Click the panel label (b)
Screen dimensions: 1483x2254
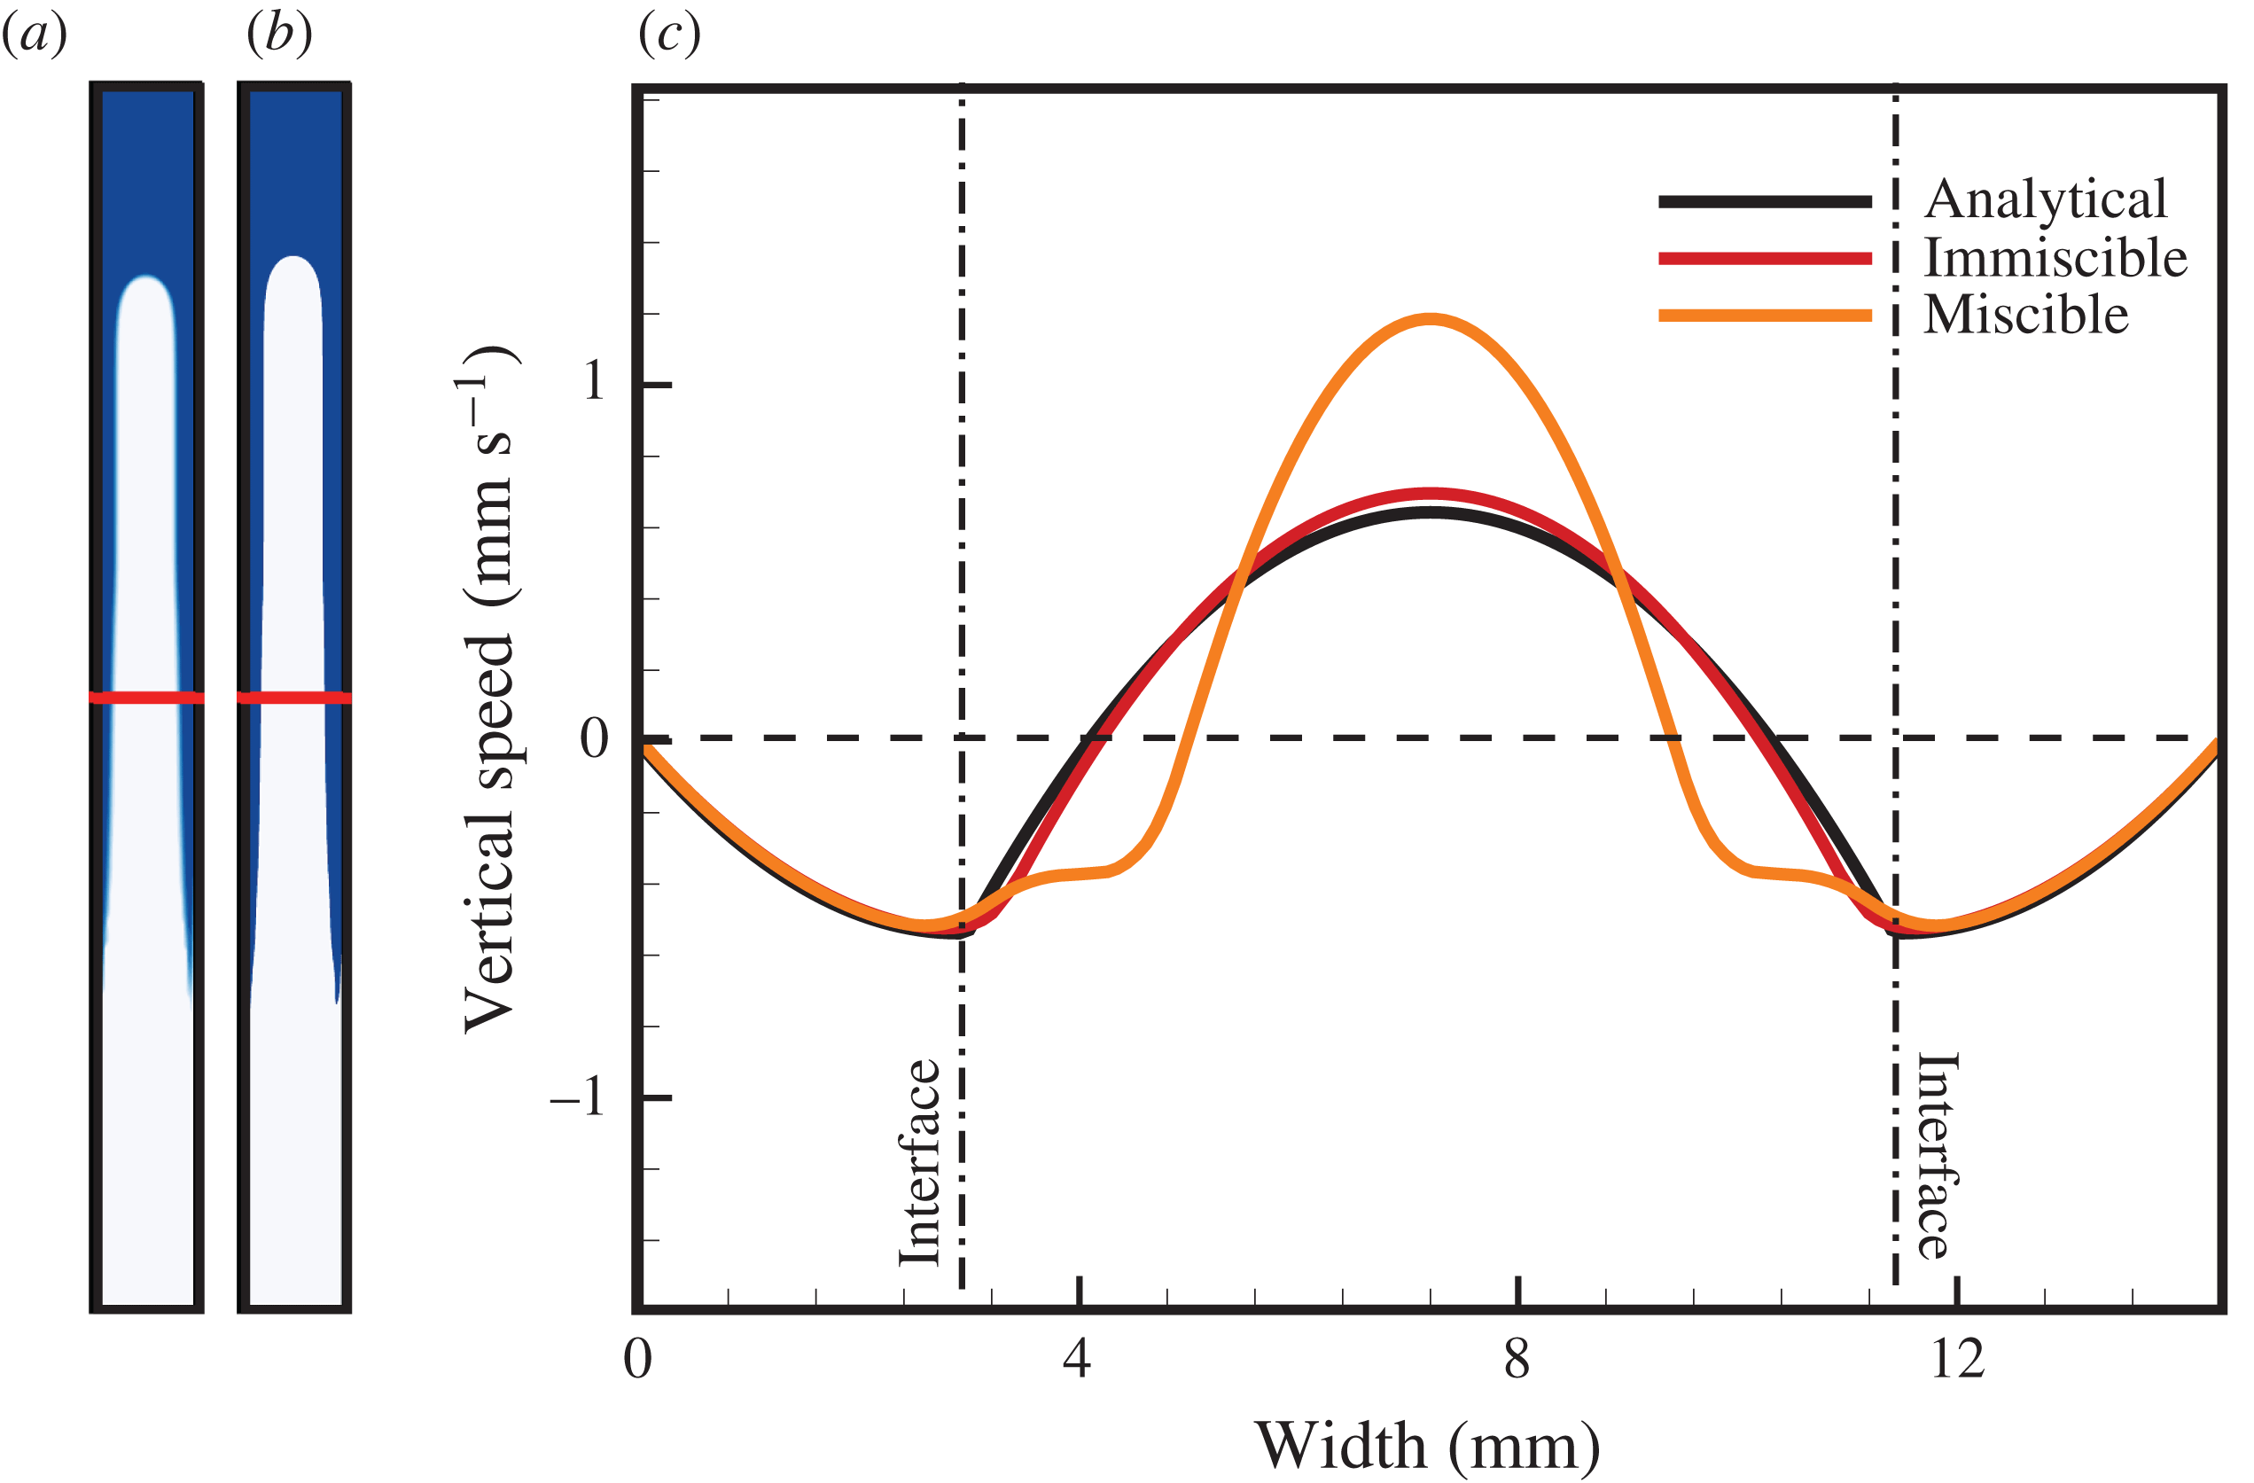[279, 36]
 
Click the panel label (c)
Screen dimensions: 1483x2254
[669, 36]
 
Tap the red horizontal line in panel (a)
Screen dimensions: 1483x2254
[147, 698]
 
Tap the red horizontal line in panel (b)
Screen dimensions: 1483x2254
[294, 698]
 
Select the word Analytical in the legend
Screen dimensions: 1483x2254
[2046, 199]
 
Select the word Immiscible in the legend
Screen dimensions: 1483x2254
[2055, 258]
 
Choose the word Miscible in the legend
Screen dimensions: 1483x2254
[2027, 315]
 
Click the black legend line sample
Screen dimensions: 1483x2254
[1765, 200]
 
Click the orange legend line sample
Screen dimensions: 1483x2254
[1765, 316]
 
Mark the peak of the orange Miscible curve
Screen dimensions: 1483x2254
[1430, 319]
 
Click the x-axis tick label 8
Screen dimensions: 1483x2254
[1517, 1360]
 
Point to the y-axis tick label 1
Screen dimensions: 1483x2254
[594, 382]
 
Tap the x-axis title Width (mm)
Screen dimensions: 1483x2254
[1428, 1445]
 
